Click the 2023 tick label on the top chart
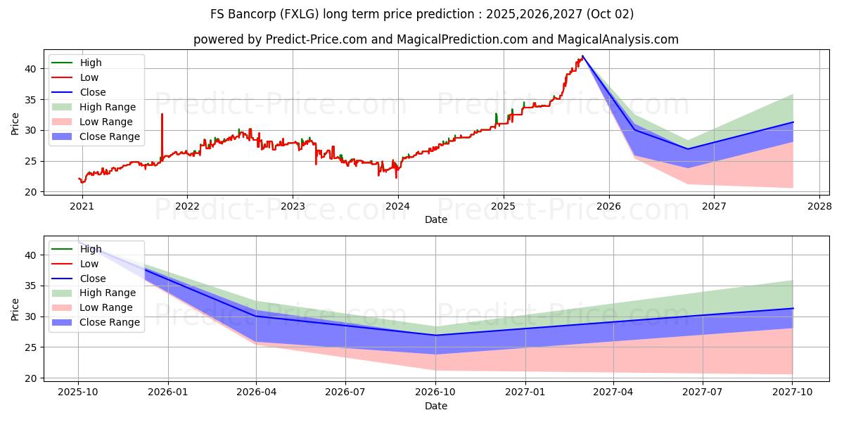tap(293, 206)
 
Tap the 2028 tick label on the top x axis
tap(819, 206)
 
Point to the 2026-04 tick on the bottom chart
tap(257, 392)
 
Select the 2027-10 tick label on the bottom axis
tap(793, 392)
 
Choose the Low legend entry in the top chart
tap(89, 77)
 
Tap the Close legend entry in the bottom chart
tap(93, 279)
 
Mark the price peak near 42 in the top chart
tap(582, 56)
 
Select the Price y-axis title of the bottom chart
tap(15, 309)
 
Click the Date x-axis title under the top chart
tap(436, 219)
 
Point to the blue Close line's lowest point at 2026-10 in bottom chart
tap(436, 335)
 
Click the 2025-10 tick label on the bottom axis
tap(78, 392)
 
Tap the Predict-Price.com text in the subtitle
tap(316, 39)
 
